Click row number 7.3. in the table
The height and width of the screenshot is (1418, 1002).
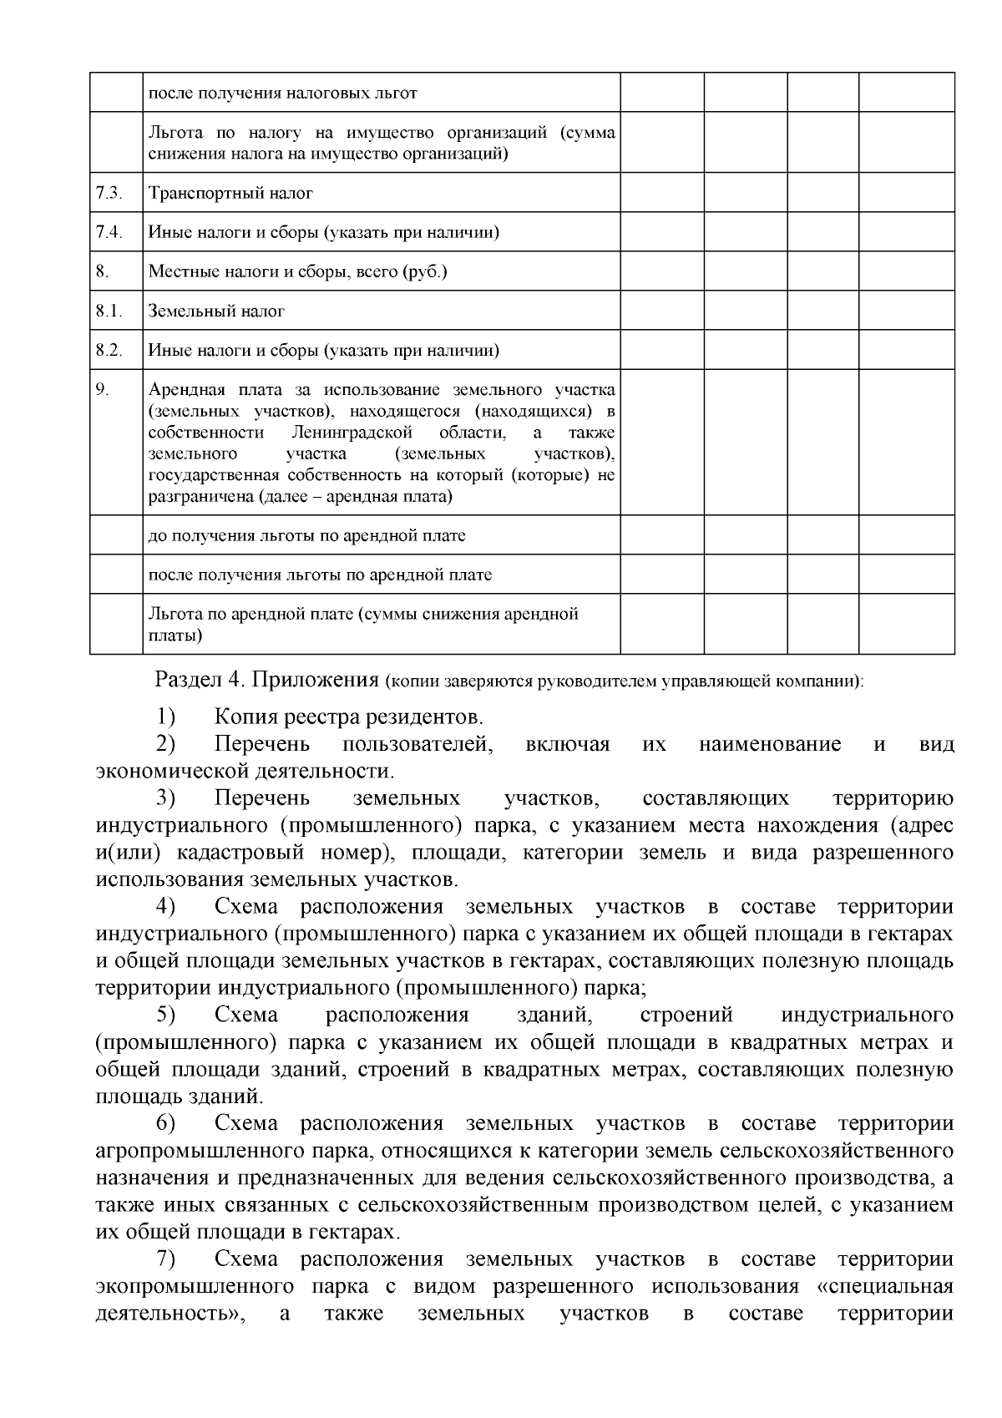coord(109,193)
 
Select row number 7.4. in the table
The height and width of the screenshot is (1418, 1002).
coord(109,232)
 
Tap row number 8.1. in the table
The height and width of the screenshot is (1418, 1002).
coord(109,311)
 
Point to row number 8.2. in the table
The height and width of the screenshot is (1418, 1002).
coord(109,350)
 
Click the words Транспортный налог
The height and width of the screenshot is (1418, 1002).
coord(230,193)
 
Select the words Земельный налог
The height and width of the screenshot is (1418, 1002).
coord(216,311)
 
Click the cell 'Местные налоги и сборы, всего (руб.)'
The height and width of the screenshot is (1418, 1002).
coord(298,271)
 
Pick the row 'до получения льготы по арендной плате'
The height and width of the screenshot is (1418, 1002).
coord(306,535)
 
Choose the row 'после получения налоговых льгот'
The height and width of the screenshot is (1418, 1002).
coord(282,93)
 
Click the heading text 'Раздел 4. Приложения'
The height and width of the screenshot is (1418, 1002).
coord(267,680)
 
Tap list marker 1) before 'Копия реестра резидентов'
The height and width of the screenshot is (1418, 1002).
coord(165,717)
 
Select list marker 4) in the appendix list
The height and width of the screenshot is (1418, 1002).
coord(165,907)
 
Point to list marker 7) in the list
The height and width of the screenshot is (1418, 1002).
coord(165,1259)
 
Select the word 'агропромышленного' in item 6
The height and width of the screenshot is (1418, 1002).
coord(198,1152)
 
